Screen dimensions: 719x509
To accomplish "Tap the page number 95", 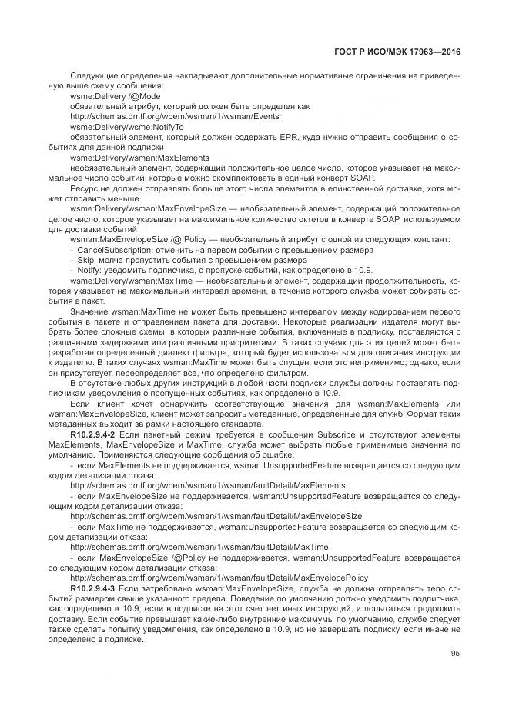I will pyautogui.click(x=455, y=653).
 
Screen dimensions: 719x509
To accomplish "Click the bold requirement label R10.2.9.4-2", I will pyautogui.click(x=93, y=435).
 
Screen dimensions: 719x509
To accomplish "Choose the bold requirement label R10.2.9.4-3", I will pyautogui.click(x=93, y=587).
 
